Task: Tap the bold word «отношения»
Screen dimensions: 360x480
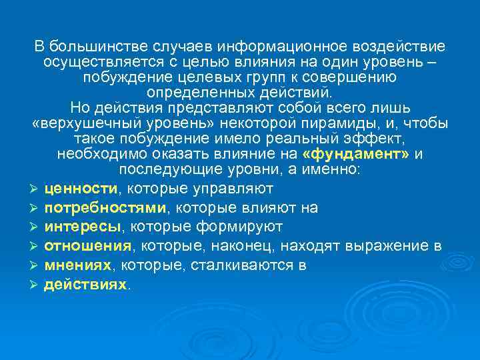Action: [x=87, y=246]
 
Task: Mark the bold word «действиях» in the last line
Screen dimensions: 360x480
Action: [x=85, y=284]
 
